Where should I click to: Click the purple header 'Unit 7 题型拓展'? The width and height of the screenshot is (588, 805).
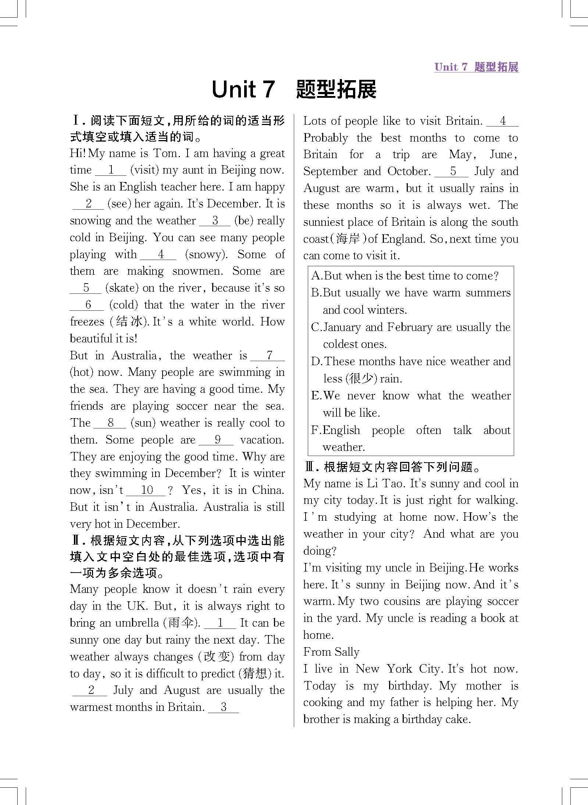[x=476, y=67]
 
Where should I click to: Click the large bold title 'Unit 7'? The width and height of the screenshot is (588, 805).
[x=243, y=90]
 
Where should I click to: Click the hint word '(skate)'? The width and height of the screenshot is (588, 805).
[x=122, y=288]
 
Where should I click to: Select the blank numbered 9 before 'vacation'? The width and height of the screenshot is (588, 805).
[x=217, y=440]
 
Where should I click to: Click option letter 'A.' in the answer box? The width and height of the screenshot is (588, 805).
[x=316, y=276]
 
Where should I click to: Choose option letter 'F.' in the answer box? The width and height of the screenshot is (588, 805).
[x=316, y=430]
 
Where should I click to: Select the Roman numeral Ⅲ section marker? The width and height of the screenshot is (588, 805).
[x=310, y=467]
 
